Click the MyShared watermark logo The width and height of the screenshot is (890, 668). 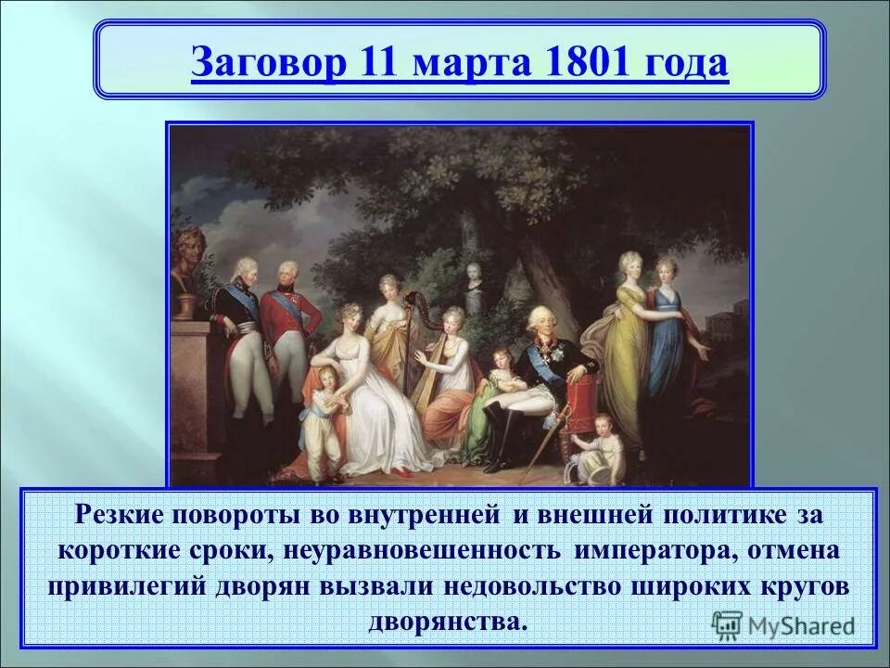[784, 624]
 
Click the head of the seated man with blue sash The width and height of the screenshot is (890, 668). [537, 321]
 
